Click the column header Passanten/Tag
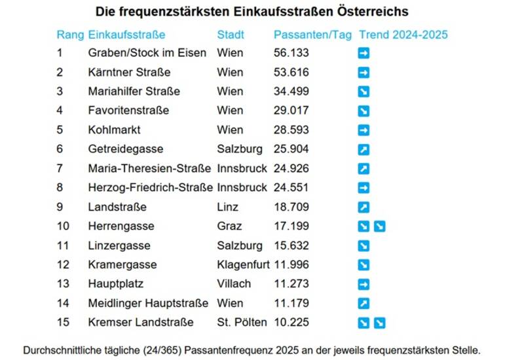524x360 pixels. pos(312,35)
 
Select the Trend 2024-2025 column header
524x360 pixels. pos(403,35)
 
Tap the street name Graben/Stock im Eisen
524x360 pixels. pos(147,53)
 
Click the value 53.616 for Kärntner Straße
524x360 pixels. pos(291,72)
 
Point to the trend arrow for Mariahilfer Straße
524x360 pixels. pos(364,92)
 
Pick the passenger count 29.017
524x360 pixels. pos(291,111)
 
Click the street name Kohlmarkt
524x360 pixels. pos(114,130)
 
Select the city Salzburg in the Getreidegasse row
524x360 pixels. pos(240,149)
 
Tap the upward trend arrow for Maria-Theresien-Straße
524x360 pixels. pos(364,169)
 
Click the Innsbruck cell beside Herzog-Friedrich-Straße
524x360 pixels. pos(242,188)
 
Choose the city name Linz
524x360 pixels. pos(227,207)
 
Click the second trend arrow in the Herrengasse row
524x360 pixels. pos(379,226)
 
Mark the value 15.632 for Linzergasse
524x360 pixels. pos(291,246)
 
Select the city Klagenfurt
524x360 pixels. pos(243,265)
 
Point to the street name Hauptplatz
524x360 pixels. pos(116,284)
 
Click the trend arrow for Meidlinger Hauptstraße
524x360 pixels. pos(364,304)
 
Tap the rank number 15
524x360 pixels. pos(63,323)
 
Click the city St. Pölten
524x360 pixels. pos(242,323)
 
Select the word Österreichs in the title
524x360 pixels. pos(373,12)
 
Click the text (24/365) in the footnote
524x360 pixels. pos(162,351)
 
